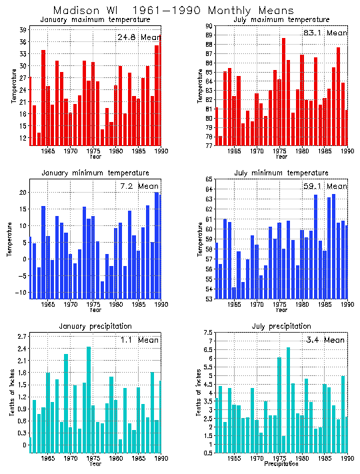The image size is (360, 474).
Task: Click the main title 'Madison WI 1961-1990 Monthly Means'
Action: point(173,10)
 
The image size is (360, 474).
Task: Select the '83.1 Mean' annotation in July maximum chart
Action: point(325,32)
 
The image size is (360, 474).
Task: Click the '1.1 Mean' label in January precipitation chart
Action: point(141,339)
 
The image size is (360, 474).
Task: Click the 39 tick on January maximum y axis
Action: point(23,30)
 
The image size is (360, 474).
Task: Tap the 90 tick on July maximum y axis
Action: point(208,26)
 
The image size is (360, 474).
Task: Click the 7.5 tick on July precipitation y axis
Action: point(207,333)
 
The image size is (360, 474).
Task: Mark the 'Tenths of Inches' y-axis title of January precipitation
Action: point(11,393)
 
